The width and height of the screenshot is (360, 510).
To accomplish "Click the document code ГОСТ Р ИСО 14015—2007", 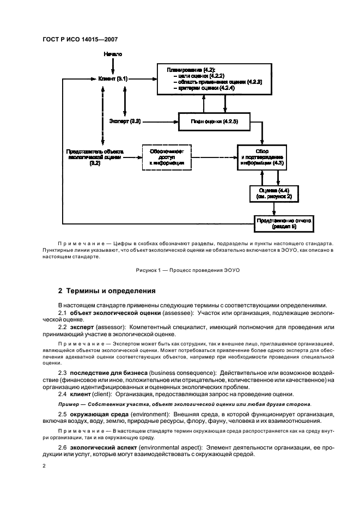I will pyautogui.click(x=80, y=39).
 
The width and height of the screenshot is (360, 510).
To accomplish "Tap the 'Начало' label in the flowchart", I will pyautogui.click(x=112, y=55).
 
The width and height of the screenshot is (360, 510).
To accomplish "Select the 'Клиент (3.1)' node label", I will pyautogui.click(x=113, y=78).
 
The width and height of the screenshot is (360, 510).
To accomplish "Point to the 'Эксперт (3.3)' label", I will pyautogui.click(x=125, y=121).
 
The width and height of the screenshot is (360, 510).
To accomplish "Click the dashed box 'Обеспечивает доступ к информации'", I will pyautogui.click(x=167, y=157).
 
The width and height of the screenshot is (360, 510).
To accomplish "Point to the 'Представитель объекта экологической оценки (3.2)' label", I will pyautogui.click(x=95, y=156).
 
